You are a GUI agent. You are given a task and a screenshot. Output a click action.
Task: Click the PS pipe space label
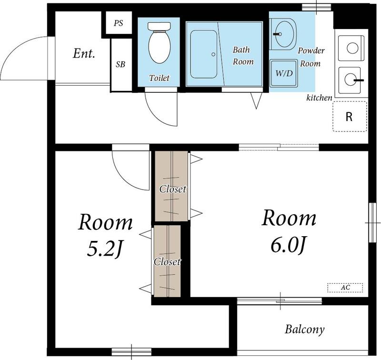coord(119,23)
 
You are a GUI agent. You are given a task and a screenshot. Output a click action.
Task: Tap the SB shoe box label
coord(120,64)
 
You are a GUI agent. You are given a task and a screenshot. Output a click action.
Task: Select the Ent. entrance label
coord(84,53)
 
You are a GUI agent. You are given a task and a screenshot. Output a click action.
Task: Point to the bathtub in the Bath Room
coord(204,54)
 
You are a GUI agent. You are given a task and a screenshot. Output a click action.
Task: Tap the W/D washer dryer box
coord(284,73)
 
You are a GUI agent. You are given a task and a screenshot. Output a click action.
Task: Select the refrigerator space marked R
coord(350,117)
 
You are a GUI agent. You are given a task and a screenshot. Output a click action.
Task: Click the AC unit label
coord(345,288)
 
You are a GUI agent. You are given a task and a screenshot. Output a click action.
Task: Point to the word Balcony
coord(304,330)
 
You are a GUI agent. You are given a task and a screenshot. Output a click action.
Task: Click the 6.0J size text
coord(288,244)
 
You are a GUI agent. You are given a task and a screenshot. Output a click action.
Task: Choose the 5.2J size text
coord(104,249)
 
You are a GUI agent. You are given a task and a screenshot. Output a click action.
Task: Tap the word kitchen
coord(319,98)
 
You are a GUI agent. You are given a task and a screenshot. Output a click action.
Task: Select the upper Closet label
coord(173,189)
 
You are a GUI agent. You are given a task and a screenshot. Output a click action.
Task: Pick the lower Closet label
coord(167,261)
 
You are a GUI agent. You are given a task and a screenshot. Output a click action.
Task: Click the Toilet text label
coord(159,78)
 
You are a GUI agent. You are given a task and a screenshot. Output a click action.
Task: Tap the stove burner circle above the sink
coord(352,48)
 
